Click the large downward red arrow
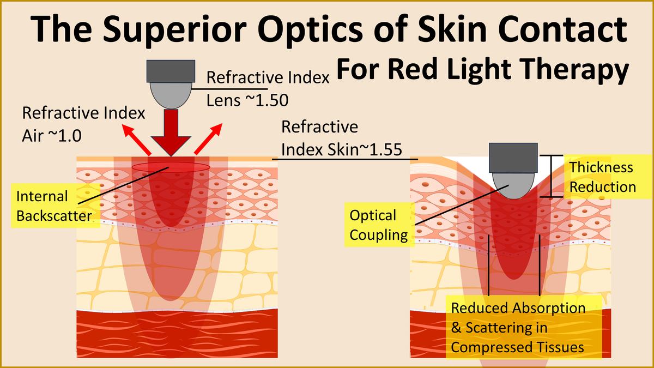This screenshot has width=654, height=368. pyautogui.click(x=171, y=134)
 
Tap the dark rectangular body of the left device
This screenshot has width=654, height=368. pyautogui.click(x=171, y=70)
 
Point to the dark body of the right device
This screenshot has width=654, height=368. pyautogui.click(x=513, y=156)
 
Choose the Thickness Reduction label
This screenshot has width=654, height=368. pyautogui.click(x=602, y=177)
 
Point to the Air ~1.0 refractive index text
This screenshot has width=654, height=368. pyautogui.click(x=52, y=135)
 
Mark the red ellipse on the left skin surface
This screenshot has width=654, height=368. pyautogui.click(x=171, y=166)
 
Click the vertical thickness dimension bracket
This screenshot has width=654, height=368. pyautogui.click(x=552, y=176)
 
